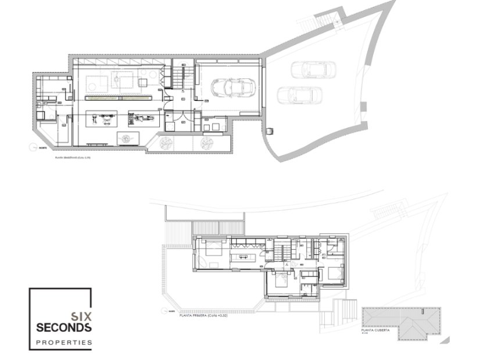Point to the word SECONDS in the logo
point(63,329)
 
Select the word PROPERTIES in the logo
point(63,343)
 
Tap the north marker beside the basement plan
point(33,148)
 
